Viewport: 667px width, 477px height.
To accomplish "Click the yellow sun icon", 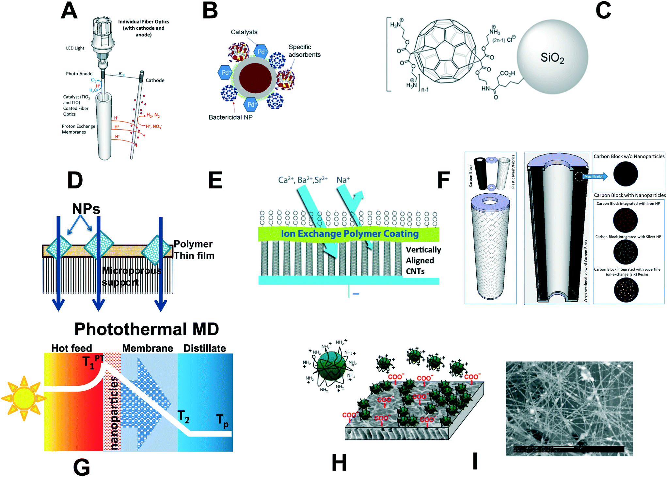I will click(24, 398).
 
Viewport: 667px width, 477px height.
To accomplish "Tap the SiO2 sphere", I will click(552, 57).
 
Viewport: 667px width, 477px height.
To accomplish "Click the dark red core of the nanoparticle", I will click(255, 78).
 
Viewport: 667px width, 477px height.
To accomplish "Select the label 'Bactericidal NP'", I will click(230, 117).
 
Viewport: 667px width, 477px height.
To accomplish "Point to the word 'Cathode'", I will click(155, 80).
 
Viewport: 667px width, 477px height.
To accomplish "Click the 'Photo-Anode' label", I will click(79, 74).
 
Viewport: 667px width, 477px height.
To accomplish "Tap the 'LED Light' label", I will click(75, 48).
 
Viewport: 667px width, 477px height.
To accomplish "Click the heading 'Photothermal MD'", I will click(146, 329).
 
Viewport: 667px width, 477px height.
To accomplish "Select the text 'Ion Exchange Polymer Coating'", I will click(349, 234).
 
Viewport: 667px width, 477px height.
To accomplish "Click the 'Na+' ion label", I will click(343, 180).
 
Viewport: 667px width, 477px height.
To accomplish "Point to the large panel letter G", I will click(81, 467).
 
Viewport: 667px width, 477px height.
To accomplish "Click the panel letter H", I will click(339, 463).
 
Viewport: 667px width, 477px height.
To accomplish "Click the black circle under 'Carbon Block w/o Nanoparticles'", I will click(625, 174).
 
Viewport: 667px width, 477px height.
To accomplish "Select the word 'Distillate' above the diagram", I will click(204, 348).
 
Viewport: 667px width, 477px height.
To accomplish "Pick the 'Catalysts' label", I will click(244, 32).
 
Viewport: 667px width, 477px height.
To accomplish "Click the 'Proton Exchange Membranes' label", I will click(78, 129).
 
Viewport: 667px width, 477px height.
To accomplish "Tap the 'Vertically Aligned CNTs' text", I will click(423, 261).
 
